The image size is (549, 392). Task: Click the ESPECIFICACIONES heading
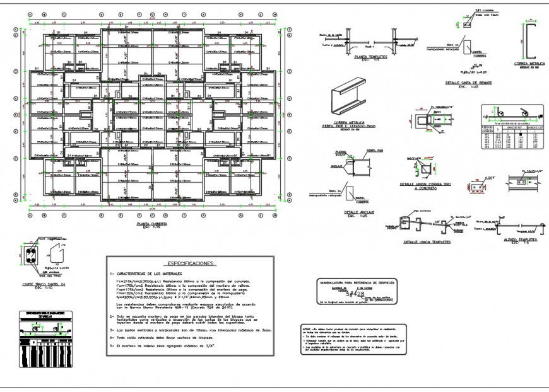(190, 263)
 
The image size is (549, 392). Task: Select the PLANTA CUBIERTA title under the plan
(152, 224)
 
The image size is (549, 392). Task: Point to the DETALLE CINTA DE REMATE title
(469, 83)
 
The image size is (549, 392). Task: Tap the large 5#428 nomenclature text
(355, 293)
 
